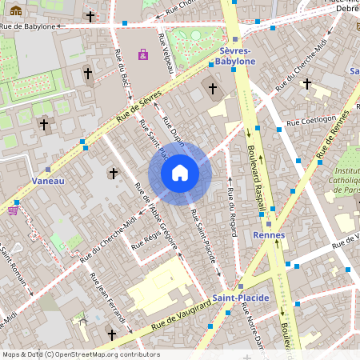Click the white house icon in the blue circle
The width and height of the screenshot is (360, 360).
pos(180,173)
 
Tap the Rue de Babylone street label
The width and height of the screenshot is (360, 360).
pos(29,26)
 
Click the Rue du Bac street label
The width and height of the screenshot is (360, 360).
pos(126,76)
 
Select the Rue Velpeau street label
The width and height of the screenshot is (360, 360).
pos(166,54)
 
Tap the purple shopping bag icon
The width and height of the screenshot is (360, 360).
pos(143,54)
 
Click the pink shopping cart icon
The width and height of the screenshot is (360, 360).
pos(13,210)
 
